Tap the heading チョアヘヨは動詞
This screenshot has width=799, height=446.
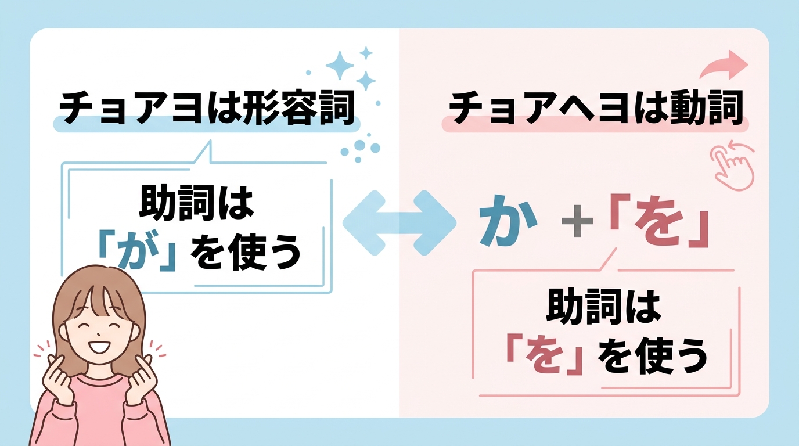coord(597,107)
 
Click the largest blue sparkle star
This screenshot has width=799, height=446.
coord(340,64)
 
